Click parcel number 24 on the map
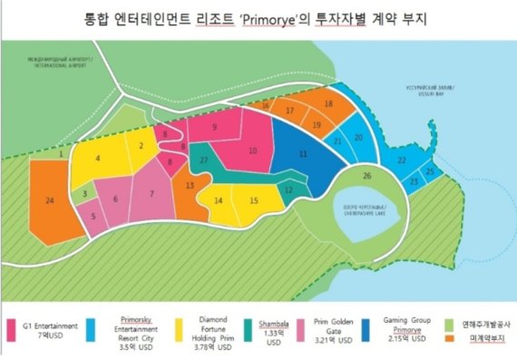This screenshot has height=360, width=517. tap(50, 199)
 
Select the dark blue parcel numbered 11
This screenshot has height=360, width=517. tap(301, 156)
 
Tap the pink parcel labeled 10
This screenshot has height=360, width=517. tap(253, 151)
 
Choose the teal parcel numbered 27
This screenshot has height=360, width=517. tap(206, 161)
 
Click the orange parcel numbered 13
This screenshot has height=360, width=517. tap(189, 186)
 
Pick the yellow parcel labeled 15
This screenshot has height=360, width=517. tap(254, 200)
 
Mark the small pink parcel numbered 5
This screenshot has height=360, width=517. tap(93, 216)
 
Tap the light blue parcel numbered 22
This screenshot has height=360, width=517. tap(400, 161)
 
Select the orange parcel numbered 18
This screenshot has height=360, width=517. tap(328, 105)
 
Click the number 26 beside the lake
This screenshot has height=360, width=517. tap(366, 175)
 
